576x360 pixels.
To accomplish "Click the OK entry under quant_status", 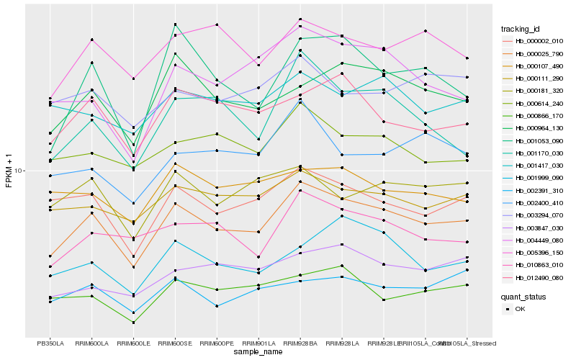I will [520, 308].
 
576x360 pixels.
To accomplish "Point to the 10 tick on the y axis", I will [19, 171].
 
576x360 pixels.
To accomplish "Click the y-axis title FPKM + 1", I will [9, 171].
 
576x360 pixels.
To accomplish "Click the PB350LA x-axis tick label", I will [50, 343].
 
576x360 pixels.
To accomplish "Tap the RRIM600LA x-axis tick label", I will [91, 343].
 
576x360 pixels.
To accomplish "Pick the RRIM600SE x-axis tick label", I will [175, 343].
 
